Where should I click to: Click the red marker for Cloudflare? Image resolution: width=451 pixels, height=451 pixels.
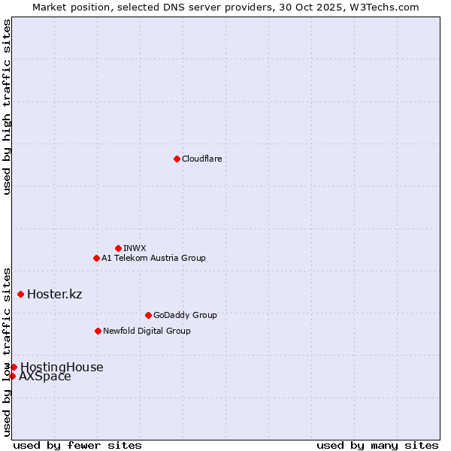tap(177, 159)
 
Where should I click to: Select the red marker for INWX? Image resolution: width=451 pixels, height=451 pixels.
tap(118, 248)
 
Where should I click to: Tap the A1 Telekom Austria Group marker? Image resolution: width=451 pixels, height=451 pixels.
tap(96, 258)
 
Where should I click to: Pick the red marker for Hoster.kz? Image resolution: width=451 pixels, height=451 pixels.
tap(20, 294)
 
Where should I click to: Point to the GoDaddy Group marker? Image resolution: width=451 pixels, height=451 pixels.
tap(148, 315)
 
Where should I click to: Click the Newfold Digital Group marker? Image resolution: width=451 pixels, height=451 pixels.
tap(98, 331)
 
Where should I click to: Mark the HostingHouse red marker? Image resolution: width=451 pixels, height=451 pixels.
tap(14, 367)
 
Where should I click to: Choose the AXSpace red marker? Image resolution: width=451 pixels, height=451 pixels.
tap(12, 376)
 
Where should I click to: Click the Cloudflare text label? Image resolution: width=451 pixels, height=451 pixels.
tap(201, 159)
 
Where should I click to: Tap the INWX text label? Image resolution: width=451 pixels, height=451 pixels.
tap(135, 248)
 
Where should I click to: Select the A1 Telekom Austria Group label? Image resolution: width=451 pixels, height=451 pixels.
tap(153, 258)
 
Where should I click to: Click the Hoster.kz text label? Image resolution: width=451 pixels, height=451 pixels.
tap(54, 294)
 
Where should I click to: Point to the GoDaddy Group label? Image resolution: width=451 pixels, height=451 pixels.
tap(184, 315)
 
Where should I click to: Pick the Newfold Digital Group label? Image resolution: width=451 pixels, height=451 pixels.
tap(147, 331)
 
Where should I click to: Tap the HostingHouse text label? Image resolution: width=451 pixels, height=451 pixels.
tap(62, 367)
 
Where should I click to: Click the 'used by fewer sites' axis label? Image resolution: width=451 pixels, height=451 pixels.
tap(77, 445)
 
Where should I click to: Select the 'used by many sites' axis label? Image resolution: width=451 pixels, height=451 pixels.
tap(377, 445)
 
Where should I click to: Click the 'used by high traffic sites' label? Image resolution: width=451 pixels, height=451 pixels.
tap(7, 107)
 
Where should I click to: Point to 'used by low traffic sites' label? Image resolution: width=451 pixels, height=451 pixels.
tap(7, 352)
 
